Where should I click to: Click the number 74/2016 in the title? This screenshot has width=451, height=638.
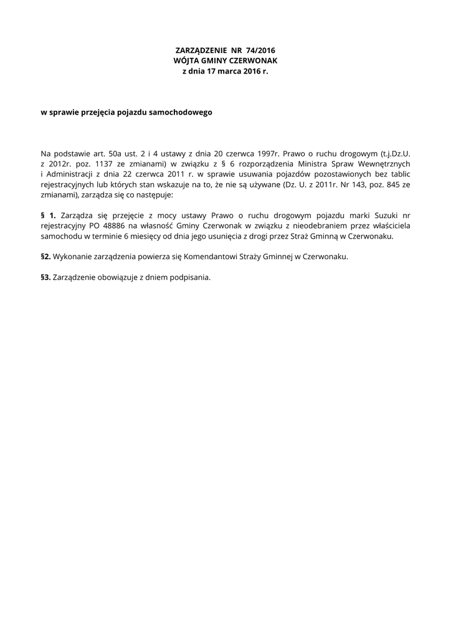(261, 50)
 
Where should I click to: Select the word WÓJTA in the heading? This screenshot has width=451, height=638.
(186, 60)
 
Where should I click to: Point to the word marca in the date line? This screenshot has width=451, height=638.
(227, 72)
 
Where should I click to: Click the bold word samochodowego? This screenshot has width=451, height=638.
(181, 112)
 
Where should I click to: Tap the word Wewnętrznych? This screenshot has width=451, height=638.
(384, 163)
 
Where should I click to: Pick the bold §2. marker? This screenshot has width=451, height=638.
(46, 257)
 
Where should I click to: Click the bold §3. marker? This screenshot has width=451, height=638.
(46, 277)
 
